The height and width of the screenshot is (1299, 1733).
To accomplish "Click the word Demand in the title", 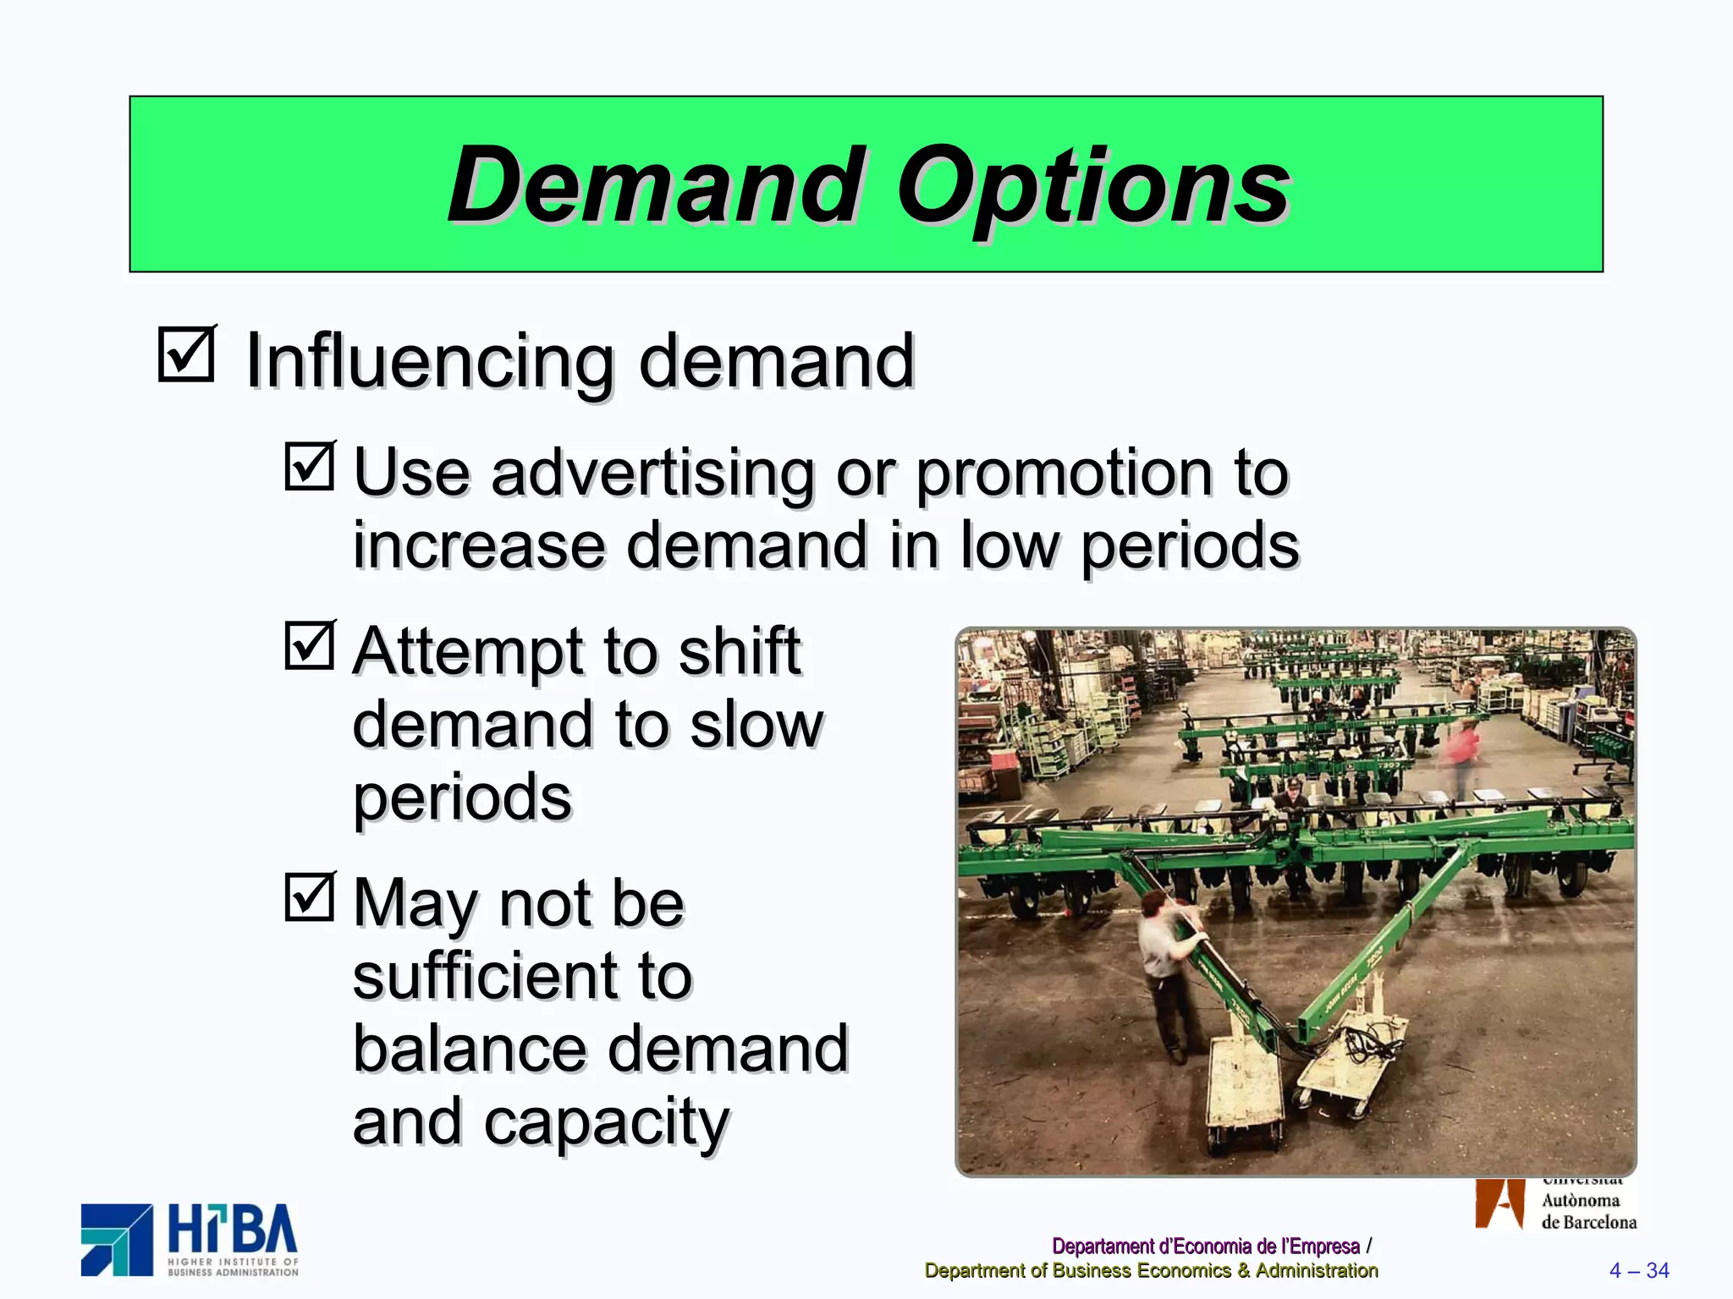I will (656, 186).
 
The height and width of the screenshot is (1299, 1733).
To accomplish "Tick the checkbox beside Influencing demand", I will (186, 354).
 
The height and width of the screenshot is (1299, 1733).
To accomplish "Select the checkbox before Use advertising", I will (310, 466).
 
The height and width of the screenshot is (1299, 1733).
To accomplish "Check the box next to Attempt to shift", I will (310, 646).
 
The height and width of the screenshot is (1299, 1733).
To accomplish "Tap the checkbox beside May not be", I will (310, 896).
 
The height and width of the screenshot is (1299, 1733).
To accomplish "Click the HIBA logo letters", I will (233, 1231).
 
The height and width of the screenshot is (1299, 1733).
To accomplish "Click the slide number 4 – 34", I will (1638, 1270).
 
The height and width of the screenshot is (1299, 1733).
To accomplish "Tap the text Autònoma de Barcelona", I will (1587, 1211).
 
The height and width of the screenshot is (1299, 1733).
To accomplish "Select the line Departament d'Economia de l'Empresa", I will (1205, 1246).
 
